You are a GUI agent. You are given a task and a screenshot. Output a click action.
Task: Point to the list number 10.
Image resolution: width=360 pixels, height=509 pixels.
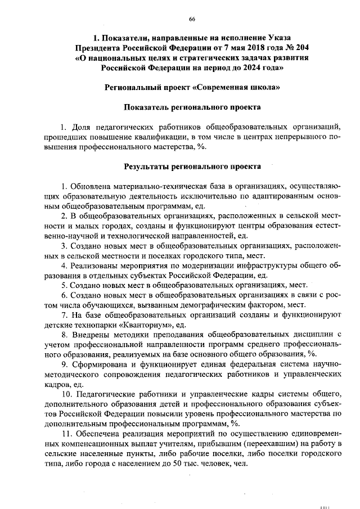[x=65, y=395]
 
